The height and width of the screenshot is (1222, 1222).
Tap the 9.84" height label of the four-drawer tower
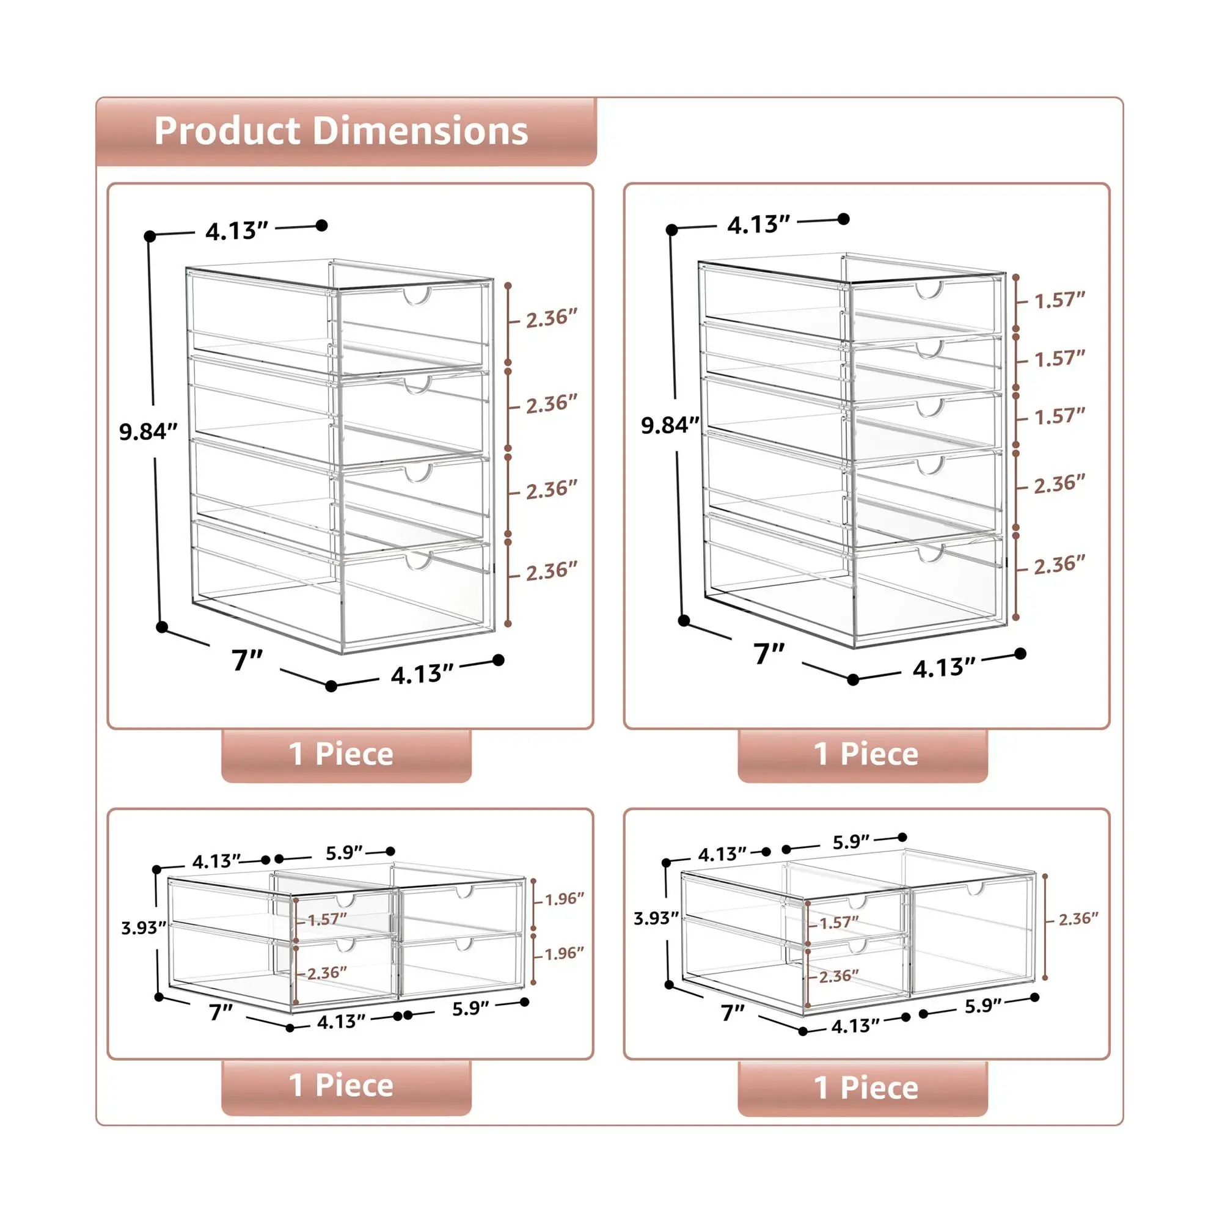click(x=148, y=431)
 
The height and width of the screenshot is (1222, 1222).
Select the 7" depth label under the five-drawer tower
click(x=769, y=653)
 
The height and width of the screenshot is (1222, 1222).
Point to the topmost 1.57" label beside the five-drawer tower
click(x=1060, y=300)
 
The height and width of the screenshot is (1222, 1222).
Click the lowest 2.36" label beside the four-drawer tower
click(x=552, y=571)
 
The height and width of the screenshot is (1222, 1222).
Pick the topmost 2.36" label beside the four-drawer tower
click(x=552, y=318)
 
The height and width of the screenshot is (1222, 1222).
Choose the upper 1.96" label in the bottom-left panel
click(x=565, y=899)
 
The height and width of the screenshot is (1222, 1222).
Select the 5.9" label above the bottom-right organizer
click(x=851, y=843)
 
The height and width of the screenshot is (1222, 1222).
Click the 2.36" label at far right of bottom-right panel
click(x=1079, y=918)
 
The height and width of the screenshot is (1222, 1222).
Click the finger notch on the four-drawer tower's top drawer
click(x=418, y=297)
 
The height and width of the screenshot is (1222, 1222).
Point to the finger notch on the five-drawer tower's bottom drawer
click(x=931, y=554)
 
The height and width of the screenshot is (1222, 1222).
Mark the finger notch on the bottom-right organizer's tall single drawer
click(x=976, y=889)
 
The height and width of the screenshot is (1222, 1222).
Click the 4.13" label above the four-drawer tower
click(x=237, y=231)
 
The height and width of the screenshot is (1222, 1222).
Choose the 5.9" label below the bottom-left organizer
click(x=470, y=1008)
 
